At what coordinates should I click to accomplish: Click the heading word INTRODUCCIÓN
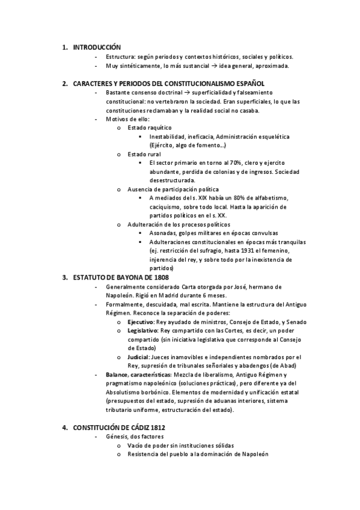click(96, 47)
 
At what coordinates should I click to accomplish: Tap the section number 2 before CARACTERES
click(64, 84)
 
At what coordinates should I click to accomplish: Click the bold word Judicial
click(138, 357)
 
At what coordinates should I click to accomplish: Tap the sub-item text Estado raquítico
click(150, 127)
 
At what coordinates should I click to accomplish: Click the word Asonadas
click(163, 233)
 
